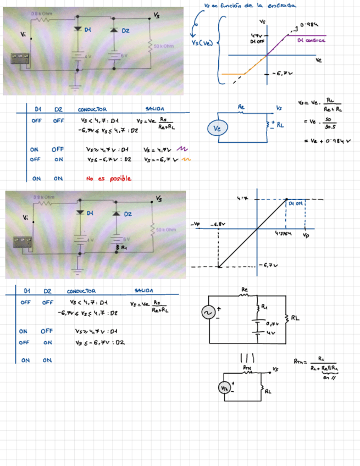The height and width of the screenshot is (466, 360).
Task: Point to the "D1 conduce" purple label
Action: pyautogui.click(x=311, y=40)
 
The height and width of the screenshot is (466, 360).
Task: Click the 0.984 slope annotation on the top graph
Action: pyautogui.click(x=311, y=25)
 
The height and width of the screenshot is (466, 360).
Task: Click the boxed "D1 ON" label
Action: pyautogui.click(x=296, y=204)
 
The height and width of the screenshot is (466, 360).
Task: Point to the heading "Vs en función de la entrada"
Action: pyautogui.click(x=249, y=5)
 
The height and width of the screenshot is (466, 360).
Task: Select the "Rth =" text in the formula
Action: pyautogui.click(x=300, y=362)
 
